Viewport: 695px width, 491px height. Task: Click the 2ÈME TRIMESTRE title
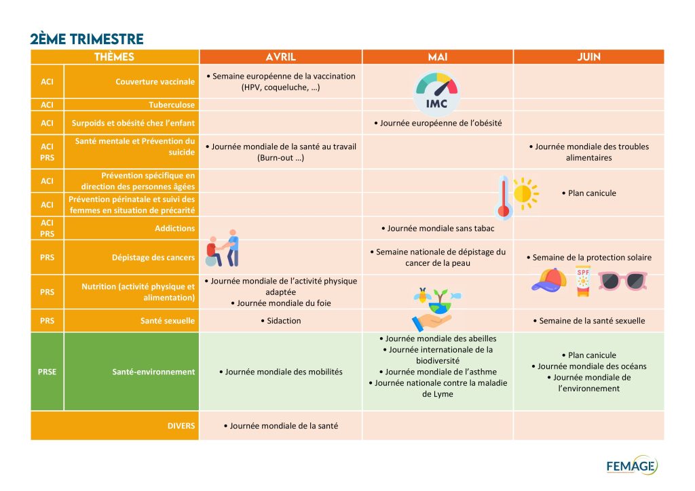click(87, 39)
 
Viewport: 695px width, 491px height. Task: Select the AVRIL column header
click(280, 57)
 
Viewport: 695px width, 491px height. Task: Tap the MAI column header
click(438, 57)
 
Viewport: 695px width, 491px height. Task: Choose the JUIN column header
click(588, 57)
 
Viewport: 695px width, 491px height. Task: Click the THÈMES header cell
click(115, 57)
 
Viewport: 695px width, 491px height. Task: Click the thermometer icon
click(503, 197)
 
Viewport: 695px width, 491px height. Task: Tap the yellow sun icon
click(523, 193)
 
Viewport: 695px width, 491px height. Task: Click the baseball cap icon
click(549, 279)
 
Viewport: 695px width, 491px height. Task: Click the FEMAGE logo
click(631, 466)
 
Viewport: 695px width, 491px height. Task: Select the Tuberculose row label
click(172, 105)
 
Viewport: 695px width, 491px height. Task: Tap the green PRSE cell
click(47, 372)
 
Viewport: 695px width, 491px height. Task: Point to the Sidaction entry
click(280, 321)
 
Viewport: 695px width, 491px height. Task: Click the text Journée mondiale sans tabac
click(438, 229)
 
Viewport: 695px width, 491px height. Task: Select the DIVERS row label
click(181, 426)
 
